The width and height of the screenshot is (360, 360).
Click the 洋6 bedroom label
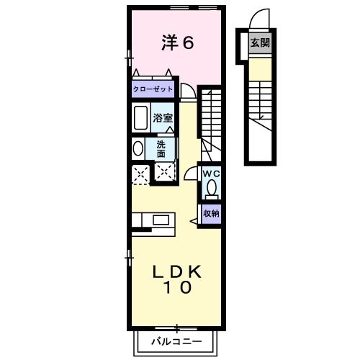point(177,43)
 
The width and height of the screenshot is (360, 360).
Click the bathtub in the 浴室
point(140,117)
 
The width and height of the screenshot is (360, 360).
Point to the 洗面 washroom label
point(161,148)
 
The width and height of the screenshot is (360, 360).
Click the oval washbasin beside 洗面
point(138,148)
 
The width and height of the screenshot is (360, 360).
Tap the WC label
point(211,174)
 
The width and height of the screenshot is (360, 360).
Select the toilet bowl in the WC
point(211,190)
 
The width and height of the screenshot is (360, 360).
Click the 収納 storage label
point(210,214)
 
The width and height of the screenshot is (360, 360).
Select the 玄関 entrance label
point(260,42)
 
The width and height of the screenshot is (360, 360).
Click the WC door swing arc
point(190,174)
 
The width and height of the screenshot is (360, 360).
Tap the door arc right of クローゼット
point(187,91)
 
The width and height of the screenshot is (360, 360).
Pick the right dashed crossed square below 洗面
point(164,174)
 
